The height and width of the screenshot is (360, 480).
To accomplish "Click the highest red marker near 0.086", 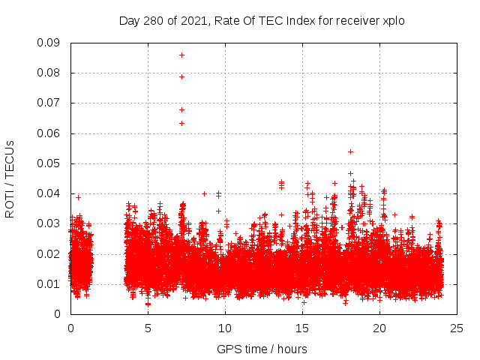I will (181, 55).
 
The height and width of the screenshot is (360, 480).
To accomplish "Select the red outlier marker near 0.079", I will (181, 76).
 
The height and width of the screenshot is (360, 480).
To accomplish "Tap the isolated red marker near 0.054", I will (350, 151).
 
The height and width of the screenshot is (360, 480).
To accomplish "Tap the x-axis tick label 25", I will (457, 328).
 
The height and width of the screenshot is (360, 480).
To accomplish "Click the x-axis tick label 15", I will (302, 328).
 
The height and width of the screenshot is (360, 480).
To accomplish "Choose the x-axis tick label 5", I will (148, 328).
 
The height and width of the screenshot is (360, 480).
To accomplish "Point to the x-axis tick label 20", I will (379, 328).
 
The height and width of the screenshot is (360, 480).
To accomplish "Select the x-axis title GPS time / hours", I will (262, 349).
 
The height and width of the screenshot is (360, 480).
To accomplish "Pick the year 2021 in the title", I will (192, 20).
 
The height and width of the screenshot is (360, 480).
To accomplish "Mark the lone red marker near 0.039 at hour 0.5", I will (78, 197).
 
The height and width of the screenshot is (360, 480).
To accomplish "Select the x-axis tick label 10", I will (225, 328).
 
